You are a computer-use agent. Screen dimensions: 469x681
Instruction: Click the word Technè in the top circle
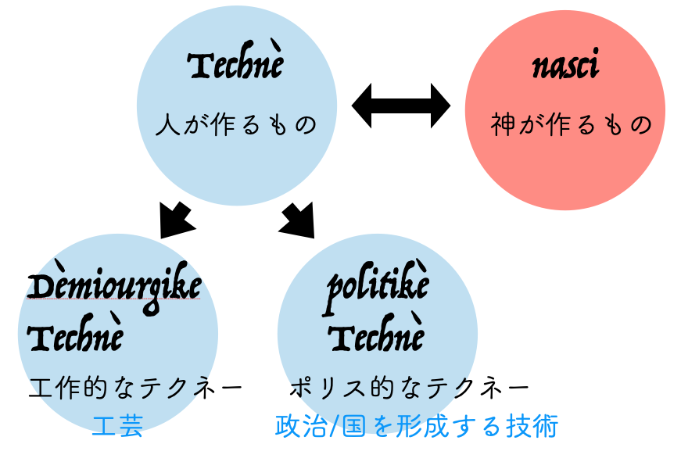235,65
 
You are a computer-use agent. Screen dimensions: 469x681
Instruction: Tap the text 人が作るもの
236,124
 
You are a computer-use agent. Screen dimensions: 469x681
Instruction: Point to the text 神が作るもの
571,124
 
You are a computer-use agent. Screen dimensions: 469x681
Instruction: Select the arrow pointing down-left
176,220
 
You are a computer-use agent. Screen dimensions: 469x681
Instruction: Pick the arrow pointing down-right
297,220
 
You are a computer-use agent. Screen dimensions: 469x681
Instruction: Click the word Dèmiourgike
114,288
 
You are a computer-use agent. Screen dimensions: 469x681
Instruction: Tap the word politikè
378,288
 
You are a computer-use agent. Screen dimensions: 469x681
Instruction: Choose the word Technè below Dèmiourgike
75,337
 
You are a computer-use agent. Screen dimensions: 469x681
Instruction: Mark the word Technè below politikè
376,337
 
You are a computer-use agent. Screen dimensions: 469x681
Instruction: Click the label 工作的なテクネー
135,388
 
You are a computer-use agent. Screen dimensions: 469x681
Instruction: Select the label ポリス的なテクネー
410,388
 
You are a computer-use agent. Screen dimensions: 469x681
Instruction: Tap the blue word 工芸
117,427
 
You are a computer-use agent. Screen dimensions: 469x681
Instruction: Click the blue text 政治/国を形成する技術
416,427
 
